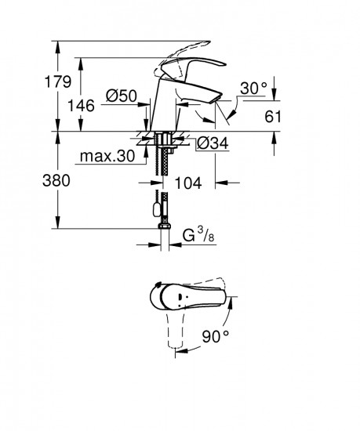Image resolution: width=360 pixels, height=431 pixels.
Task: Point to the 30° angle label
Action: [x=253, y=89]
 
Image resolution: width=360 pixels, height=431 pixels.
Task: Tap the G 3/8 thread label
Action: [x=198, y=234]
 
